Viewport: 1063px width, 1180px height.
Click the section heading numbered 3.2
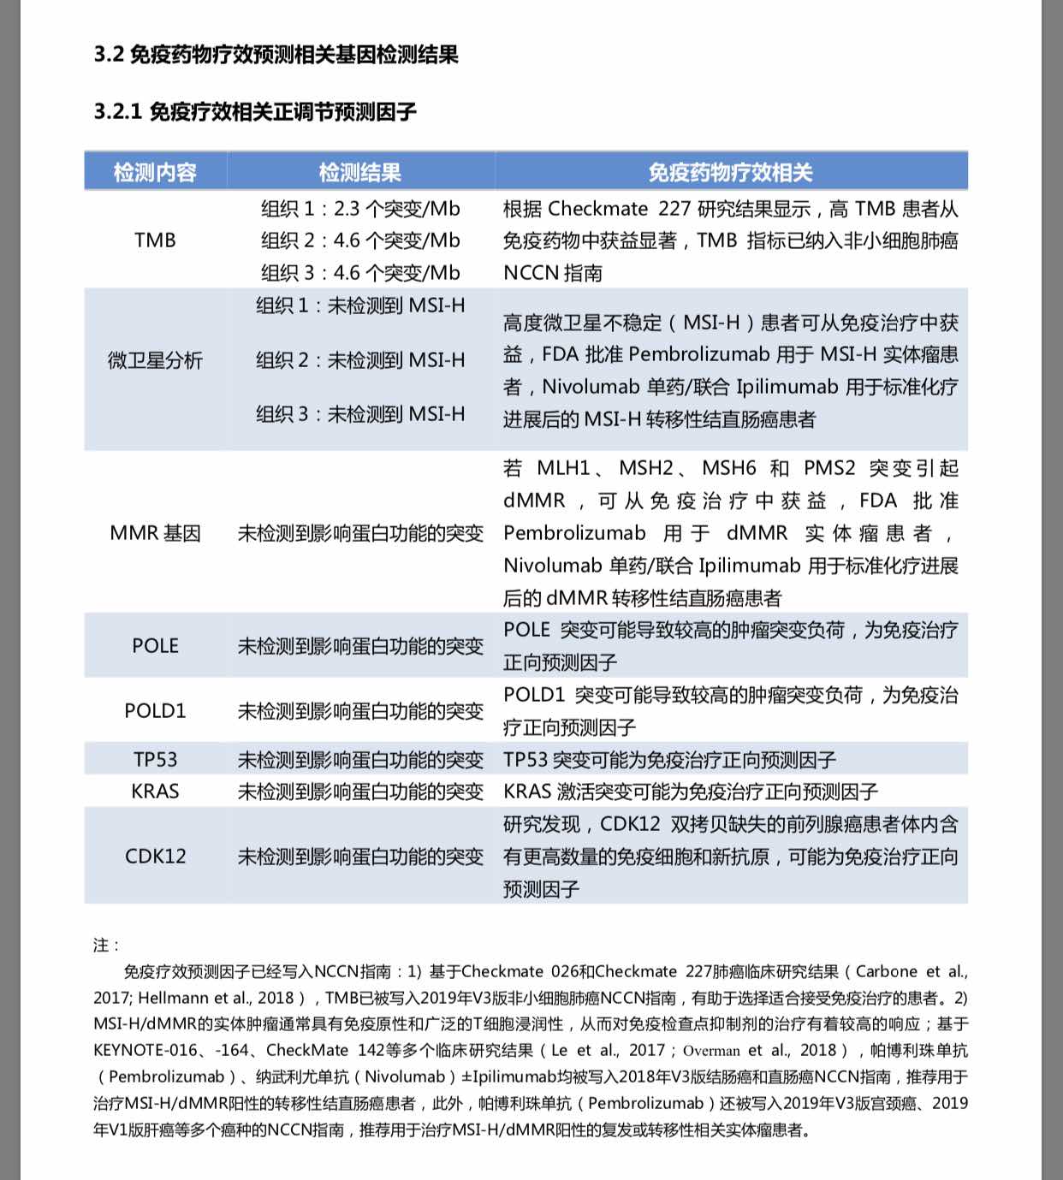pos(276,55)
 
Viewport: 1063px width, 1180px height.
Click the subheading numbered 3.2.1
pos(255,111)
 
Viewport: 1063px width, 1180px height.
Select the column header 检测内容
pos(155,172)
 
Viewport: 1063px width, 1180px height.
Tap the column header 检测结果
pos(359,172)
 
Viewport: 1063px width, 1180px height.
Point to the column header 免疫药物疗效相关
pos(730,172)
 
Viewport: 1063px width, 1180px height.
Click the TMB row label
pos(155,240)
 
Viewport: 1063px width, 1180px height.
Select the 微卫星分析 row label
pos(155,360)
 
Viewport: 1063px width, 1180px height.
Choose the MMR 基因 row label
pos(155,533)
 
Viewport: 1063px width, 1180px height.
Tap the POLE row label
pos(155,646)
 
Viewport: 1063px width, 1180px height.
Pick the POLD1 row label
pos(155,711)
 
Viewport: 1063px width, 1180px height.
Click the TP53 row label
pos(155,760)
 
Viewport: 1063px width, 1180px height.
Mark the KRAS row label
pos(155,792)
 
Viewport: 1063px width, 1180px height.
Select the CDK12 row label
pos(155,857)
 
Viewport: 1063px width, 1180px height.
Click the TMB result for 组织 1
pos(360,209)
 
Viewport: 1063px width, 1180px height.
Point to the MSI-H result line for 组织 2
pos(360,360)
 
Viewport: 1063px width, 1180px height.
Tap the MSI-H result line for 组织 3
pos(360,414)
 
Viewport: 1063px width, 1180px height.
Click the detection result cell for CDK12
pos(360,857)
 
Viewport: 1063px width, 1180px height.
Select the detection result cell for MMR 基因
pos(360,533)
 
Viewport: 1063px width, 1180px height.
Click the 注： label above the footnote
pos(107,945)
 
